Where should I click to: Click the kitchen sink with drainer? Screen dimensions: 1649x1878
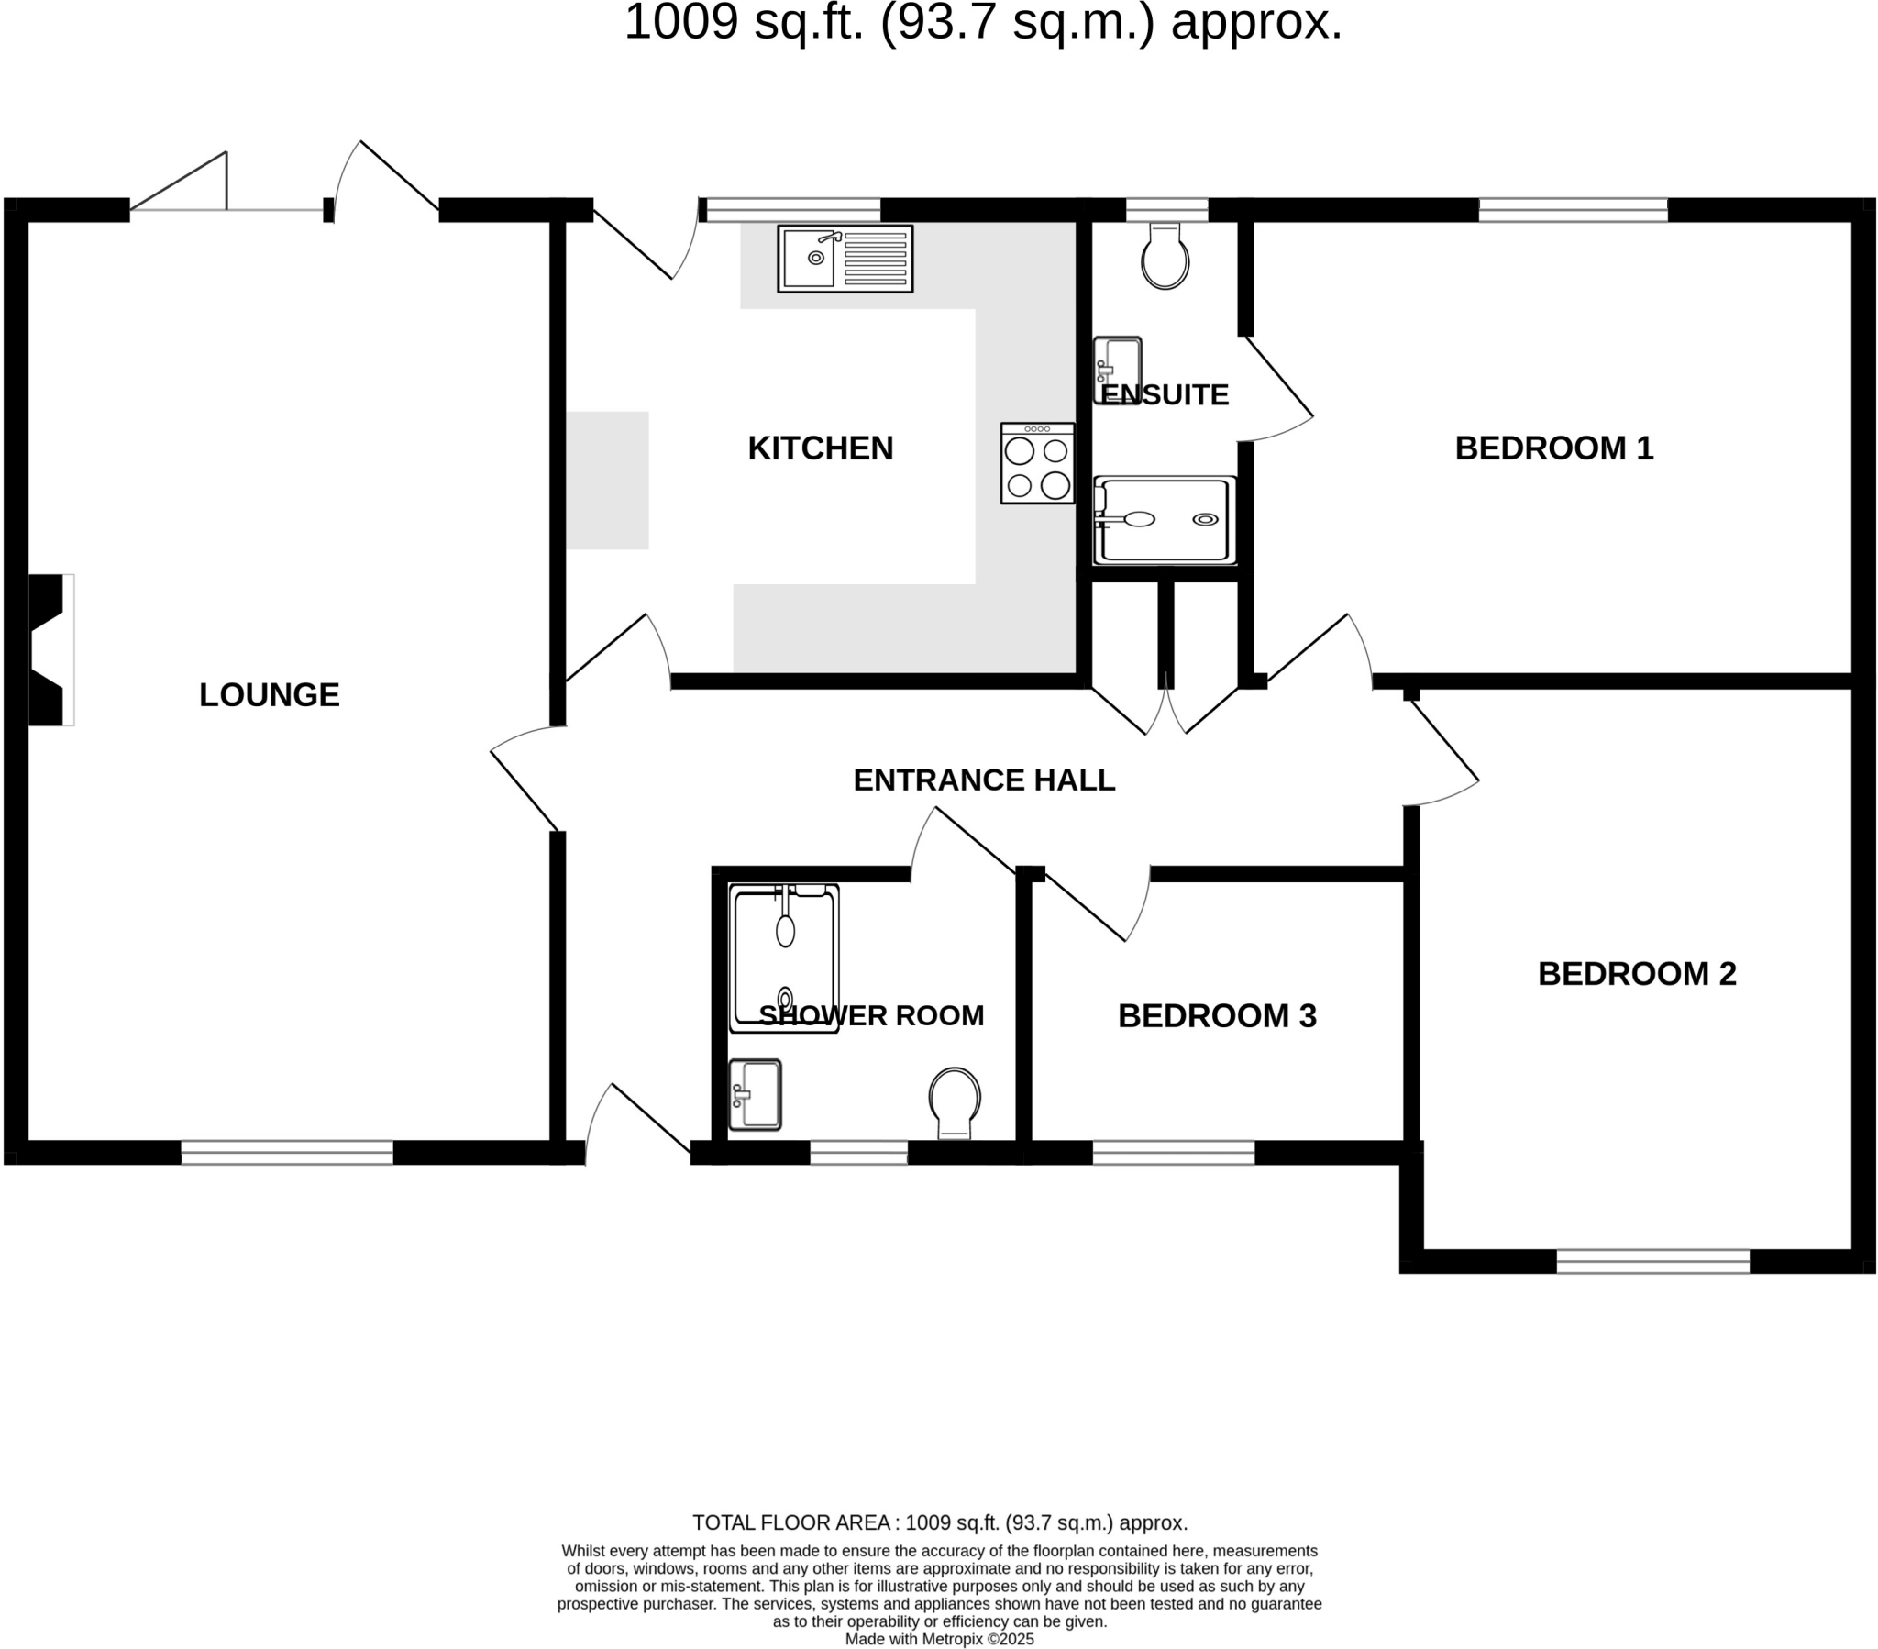[x=845, y=259]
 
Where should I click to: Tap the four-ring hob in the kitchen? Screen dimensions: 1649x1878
[x=1036, y=463]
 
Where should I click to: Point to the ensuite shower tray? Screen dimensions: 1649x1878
[x=1163, y=519]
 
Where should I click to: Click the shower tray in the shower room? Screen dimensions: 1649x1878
[x=784, y=957]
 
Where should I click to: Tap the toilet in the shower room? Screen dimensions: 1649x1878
[x=954, y=1101]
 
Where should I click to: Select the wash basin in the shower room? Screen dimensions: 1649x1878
[x=755, y=1094]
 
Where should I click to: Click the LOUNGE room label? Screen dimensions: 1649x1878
[x=270, y=695]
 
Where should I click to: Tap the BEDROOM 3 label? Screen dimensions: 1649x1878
[x=1217, y=1015]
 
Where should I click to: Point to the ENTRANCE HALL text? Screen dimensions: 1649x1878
[x=983, y=780]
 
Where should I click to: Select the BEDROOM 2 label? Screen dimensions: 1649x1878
[x=1636, y=974]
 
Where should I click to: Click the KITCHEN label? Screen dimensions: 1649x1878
[x=820, y=448]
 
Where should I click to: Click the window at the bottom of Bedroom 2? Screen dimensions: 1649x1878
[x=1652, y=1261]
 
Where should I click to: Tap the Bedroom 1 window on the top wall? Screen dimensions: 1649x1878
[x=1572, y=211]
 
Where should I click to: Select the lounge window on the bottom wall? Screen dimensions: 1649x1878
[x=287, y=1153]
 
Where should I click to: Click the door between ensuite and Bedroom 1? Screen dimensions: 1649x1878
[x=1277, y=391]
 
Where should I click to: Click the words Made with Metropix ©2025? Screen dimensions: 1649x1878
[x=939, y=1639]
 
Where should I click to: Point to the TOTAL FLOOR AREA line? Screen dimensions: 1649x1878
[x=939, y=1523]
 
